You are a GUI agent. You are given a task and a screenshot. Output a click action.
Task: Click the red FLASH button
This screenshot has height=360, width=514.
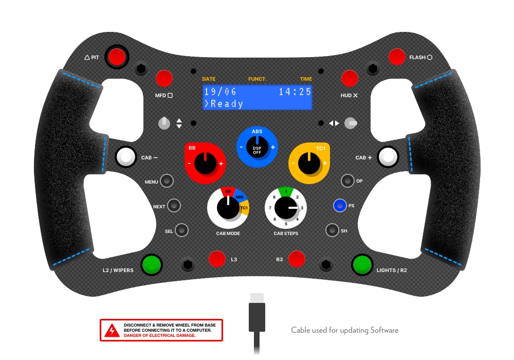(x=397, y=57)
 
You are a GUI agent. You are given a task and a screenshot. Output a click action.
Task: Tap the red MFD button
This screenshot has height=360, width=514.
(x=164, y=79)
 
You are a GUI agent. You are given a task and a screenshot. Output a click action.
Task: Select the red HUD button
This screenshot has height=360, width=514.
(x=350, y=79)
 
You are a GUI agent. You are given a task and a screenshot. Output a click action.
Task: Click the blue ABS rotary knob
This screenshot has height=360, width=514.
(x=257, y=148)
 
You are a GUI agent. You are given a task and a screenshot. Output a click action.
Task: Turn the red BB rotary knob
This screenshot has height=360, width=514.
(x=205, y=165)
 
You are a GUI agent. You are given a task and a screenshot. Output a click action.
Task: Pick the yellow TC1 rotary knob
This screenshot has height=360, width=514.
(x=309, y=165)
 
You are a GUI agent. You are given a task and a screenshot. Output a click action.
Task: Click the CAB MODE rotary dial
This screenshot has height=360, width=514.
(x=228, y=208)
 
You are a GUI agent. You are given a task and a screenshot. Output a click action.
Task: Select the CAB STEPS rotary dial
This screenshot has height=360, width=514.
(x=285, y=208)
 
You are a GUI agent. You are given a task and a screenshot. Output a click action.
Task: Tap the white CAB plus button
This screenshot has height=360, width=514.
(x=388, y=157)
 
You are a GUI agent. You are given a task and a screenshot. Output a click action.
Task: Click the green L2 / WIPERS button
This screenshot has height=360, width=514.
(x=152, y=265)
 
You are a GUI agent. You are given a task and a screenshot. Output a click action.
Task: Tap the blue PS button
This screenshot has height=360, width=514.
(x=339, y=206)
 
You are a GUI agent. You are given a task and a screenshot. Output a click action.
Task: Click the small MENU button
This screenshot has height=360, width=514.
(x=167, y=182)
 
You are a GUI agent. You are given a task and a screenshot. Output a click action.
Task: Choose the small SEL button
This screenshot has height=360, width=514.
(x=182, y=230)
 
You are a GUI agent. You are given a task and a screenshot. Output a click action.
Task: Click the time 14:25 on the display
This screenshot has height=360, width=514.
(x=295, y=92)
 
